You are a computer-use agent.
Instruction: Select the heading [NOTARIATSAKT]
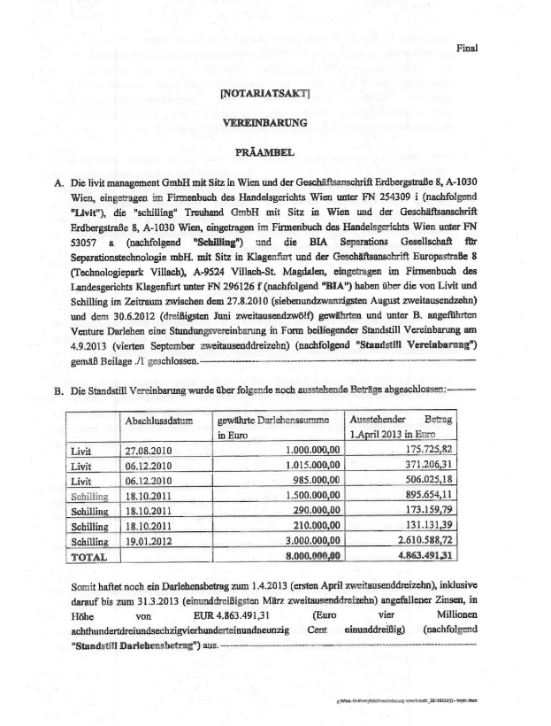click(x=262, y=92)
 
